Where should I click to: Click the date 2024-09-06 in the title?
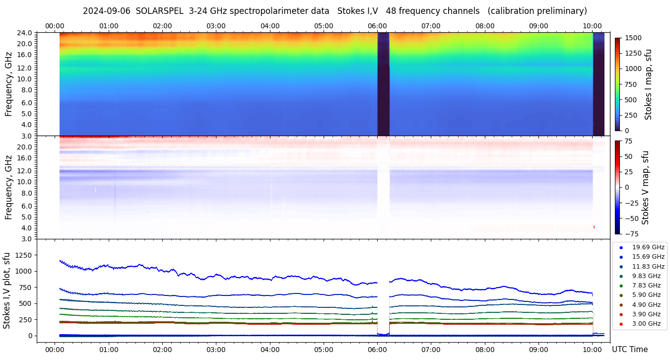tap(107, 11)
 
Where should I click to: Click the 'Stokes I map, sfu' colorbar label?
tap(648, 84)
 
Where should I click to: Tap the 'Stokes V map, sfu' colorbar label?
tap(646, 187)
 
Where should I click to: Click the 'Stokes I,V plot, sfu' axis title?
tap(7, 290)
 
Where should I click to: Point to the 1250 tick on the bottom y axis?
tap(25, 255)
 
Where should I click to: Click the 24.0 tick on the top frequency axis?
tap(25, 33)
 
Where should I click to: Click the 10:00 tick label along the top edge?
tap(592, 26)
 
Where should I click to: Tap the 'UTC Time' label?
tap(629, 349)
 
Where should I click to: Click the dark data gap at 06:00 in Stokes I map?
tap(383, 84)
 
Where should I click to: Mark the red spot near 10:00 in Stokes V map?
tap(594, 227)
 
